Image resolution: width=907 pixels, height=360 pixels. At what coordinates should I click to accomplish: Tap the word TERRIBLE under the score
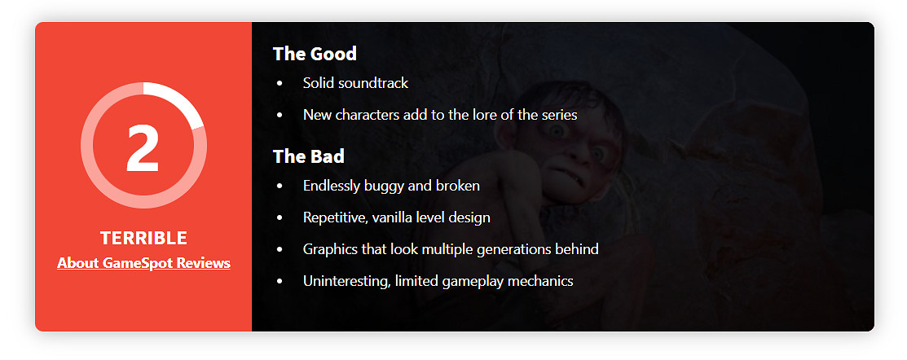[143, 238]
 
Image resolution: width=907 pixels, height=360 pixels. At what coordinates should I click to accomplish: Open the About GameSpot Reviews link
[143, 264]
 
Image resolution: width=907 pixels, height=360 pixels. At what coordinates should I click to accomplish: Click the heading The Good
[315, 54]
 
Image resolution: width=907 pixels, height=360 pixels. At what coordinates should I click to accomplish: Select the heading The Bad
[309, 156]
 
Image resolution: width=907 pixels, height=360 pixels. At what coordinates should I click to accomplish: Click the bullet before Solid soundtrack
[280, 84]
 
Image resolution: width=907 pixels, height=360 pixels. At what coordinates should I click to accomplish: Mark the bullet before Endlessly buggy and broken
[280, 187]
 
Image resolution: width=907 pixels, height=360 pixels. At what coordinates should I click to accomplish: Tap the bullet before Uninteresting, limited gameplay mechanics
[280, 282]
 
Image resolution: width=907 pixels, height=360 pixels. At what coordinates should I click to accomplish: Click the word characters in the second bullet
[363, 115]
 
